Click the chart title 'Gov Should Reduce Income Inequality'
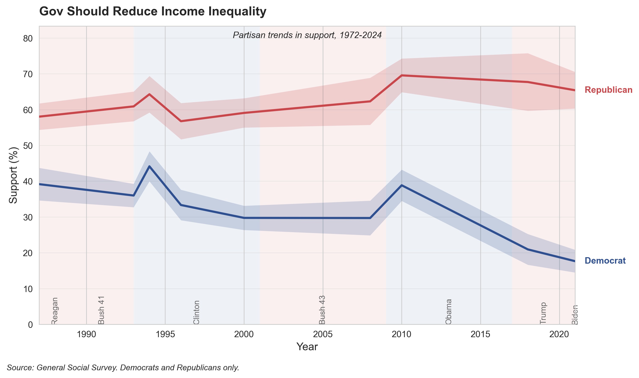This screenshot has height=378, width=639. pos(153,12)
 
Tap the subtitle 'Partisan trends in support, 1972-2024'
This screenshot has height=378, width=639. pos(307,35)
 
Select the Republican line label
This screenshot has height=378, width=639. pos(608,90)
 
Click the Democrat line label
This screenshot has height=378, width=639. pos(605,261)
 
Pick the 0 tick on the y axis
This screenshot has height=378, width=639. pos(30,325)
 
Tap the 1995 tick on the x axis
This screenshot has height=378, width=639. pos(165,334)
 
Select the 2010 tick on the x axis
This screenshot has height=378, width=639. pos(402,334)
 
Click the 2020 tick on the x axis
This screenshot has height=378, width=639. pos(559,334)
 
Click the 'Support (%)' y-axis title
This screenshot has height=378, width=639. pos(13,175)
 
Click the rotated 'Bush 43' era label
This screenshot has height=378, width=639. pos(322,310)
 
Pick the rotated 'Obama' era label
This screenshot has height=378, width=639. pos(448,312)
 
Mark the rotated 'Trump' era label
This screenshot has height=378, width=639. pos(543,313)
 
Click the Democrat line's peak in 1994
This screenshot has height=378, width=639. pos(149,166)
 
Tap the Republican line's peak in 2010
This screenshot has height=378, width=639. pos(402,75)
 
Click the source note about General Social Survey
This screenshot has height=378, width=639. pos(123,368)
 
